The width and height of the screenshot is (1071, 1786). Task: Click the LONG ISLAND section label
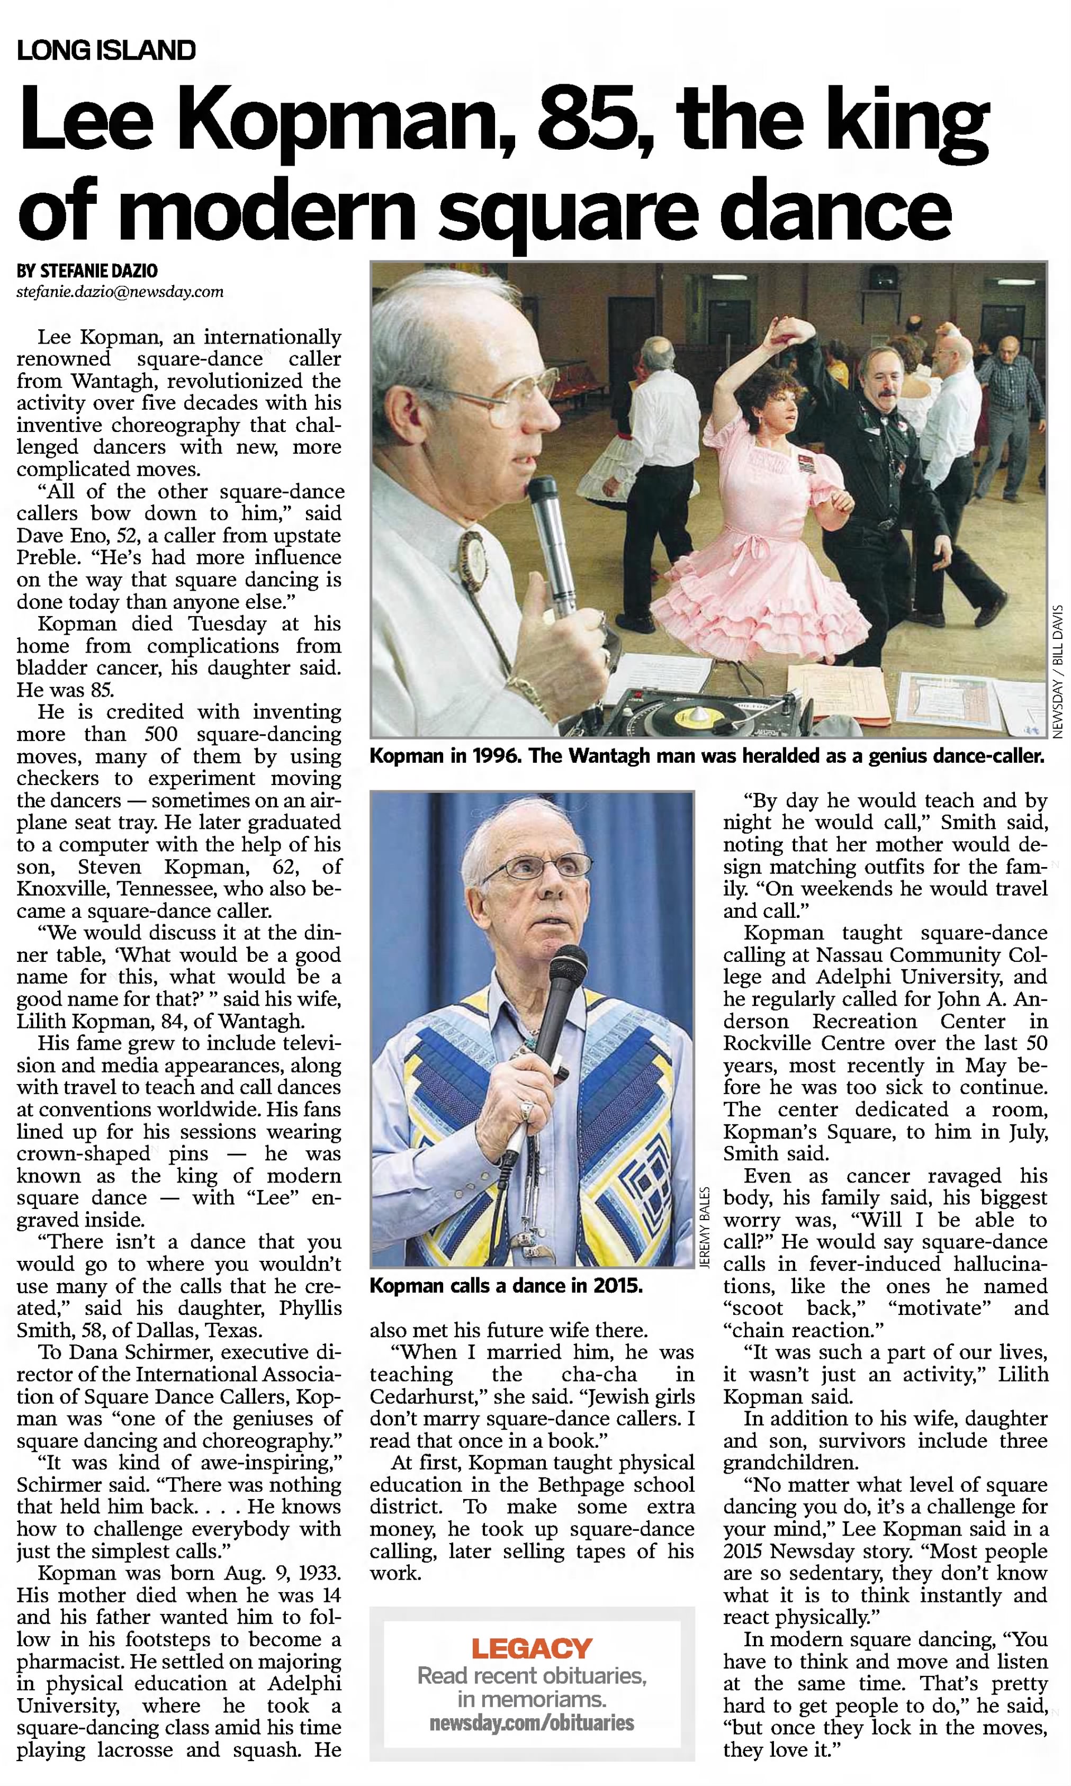pyautogui.click(x=106, y=50)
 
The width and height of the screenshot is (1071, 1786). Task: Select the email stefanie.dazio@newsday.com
pyautogui.click(x=120, y=292)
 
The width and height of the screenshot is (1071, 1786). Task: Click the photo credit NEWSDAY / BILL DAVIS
pyautogui.click(x=1058, y=671)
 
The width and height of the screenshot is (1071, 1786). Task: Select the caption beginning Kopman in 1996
pyautogui.click(x=706, y=756)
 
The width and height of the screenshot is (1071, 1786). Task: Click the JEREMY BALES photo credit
pyautogui.click(x=705, y=1226)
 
